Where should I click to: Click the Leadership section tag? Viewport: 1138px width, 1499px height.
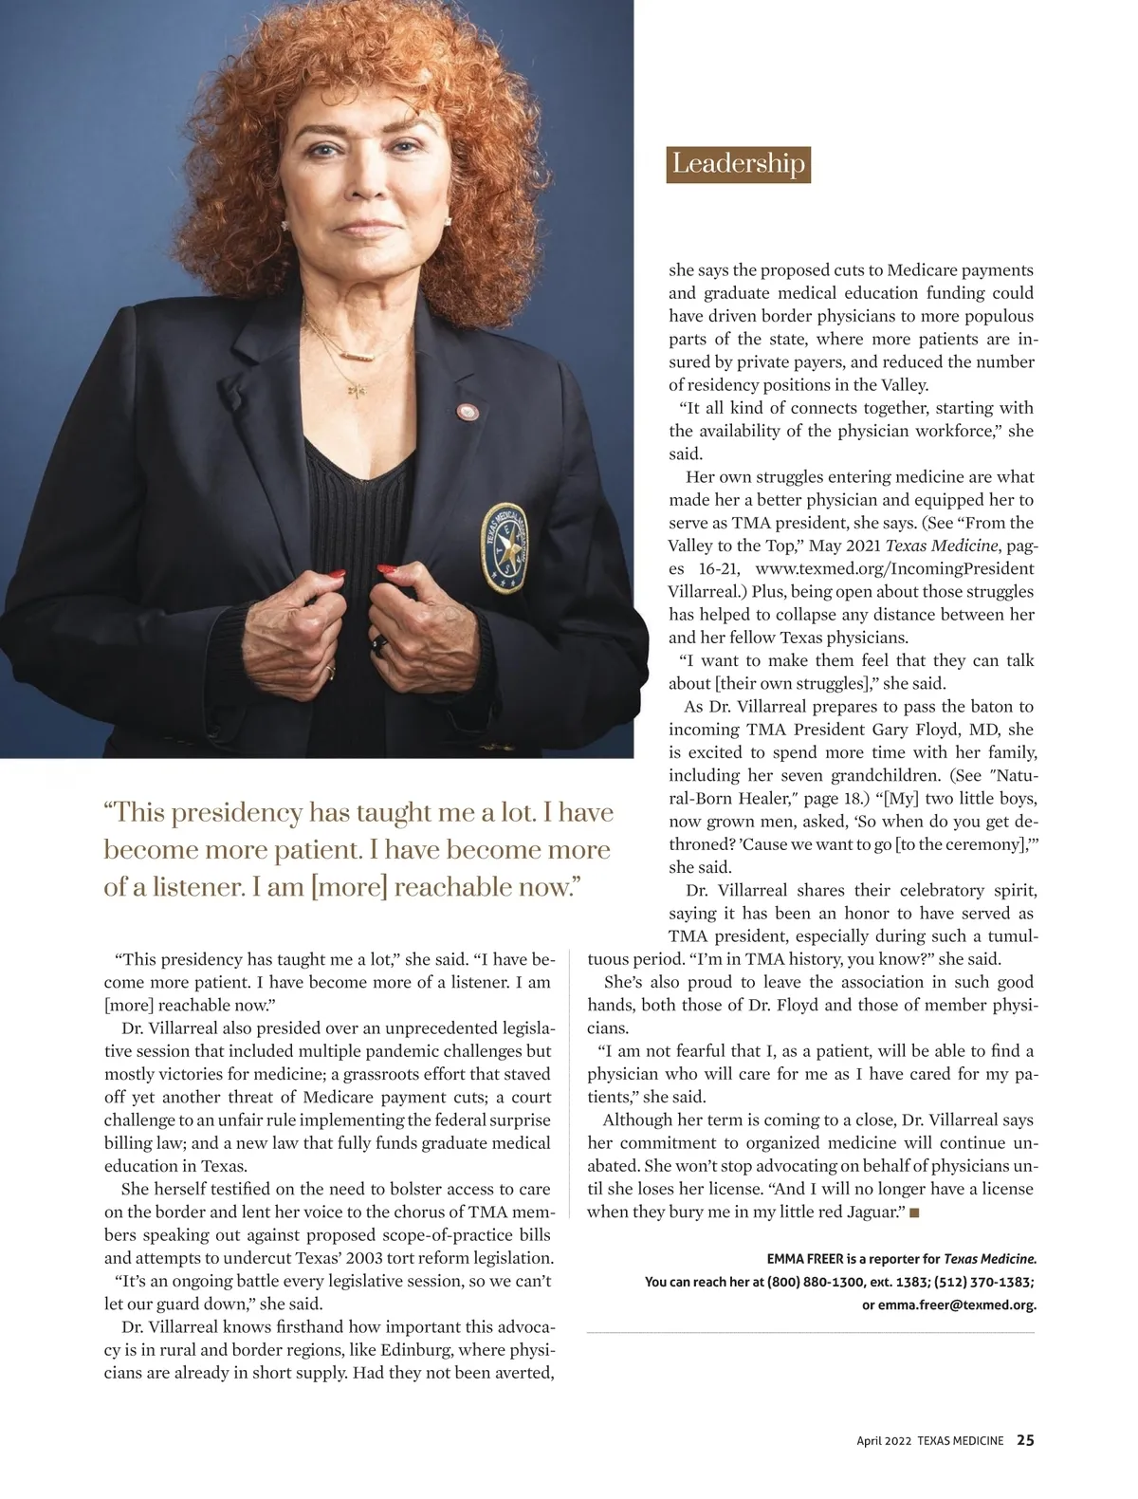point(738,164)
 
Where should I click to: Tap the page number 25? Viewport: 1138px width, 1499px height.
point(1025,1440)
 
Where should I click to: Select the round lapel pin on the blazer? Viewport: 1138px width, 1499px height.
point(466,412)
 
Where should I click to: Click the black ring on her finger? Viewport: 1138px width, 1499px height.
point(380,645)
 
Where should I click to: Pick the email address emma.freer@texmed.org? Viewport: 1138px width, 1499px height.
point(957,1305)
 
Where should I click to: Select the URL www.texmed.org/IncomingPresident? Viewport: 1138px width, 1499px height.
point(894,568)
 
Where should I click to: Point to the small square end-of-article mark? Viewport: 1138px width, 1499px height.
point(914,1212)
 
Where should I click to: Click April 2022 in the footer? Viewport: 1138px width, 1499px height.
point(884,1441)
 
